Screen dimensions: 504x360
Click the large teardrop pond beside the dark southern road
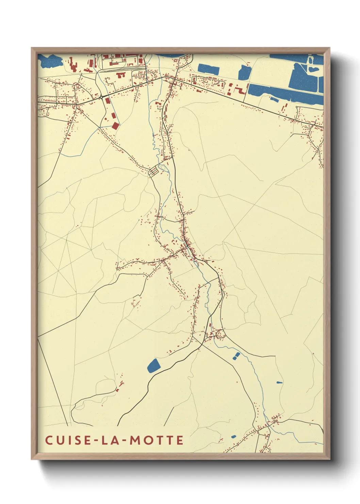coord(154,365)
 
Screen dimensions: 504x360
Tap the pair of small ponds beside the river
coord(236,356)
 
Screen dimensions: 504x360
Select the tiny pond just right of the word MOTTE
coord(233,437)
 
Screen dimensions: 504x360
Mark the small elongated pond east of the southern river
coord(279,382)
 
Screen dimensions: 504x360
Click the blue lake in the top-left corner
coord(50,61)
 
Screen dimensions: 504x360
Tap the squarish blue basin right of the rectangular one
coord(244,73)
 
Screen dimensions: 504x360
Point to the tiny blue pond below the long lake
coord(274,99)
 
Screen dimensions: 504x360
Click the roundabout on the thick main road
coord(101,97)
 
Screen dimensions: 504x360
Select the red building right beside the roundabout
coord(107,101)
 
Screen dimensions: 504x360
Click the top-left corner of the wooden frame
coord(32,48)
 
